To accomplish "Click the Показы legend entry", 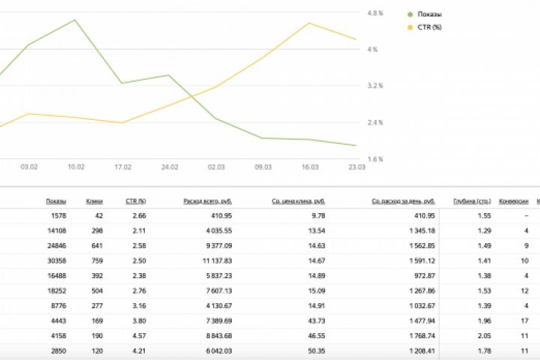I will coord(429,14).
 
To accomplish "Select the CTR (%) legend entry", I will coord(429,27).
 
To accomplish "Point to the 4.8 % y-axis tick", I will coord(376,13).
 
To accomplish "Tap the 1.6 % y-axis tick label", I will coord(376,160).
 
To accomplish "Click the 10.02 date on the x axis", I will coord(76,167).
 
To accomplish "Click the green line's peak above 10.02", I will coord(75,20).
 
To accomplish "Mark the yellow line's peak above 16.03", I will coord(309,22).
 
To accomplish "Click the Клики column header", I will coord(94,202).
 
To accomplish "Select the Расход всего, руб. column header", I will coord(208,202).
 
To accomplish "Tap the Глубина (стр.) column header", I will coord(472,202).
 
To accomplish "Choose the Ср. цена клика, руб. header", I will coord(298,202).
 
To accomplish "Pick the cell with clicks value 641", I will coord(94,245).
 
